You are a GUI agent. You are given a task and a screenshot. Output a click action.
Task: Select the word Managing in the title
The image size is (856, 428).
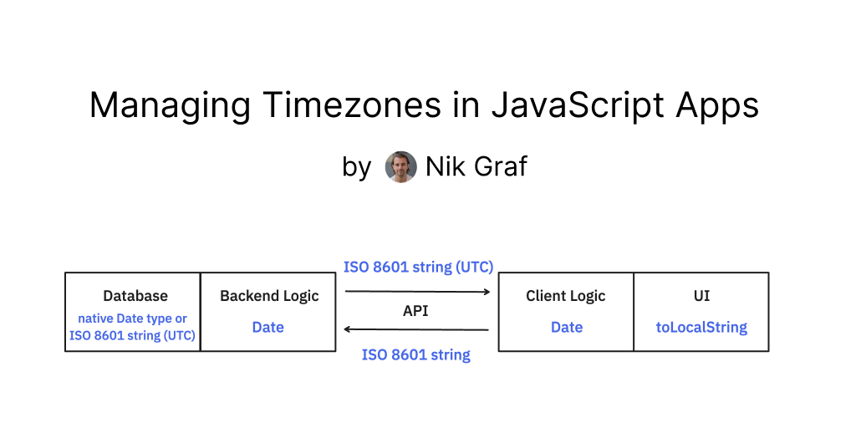[x=170, y=106]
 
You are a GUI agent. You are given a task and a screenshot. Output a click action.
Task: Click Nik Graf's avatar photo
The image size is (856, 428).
[x=400, y=167]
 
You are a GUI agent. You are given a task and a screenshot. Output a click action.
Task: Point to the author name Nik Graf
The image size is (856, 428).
[x=476, y=167]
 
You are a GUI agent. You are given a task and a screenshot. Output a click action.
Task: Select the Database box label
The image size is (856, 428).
[x=135, y=296]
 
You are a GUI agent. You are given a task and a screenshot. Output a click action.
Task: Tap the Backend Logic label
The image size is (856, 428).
[x=269, y=296]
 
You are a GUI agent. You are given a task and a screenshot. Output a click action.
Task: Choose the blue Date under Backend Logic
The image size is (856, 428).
[x=268, y=327]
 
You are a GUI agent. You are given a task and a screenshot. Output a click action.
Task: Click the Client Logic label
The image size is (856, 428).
[x=566, y=296]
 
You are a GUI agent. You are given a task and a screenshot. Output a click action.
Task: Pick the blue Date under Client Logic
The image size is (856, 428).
[x=567, y=327]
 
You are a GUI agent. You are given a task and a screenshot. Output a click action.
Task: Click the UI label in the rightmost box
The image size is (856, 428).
[x=702, y=296]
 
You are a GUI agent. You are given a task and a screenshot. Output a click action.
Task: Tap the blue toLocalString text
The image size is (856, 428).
[x=701, y=327]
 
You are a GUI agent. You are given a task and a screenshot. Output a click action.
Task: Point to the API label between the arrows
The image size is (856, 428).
[x=416, y=310]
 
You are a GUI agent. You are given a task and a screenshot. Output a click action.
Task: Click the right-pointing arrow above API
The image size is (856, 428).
[x=417, y=292]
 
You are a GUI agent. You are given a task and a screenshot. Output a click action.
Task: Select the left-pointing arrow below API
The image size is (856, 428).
[x=417, y=329]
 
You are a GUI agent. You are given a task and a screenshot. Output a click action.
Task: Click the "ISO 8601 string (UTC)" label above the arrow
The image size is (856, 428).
[x=419, y=267]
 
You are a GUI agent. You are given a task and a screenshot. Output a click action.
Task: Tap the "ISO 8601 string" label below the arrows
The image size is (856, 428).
[x=416, y=355]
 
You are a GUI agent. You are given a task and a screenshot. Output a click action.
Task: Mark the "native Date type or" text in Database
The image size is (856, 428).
[x=133, y=318]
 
